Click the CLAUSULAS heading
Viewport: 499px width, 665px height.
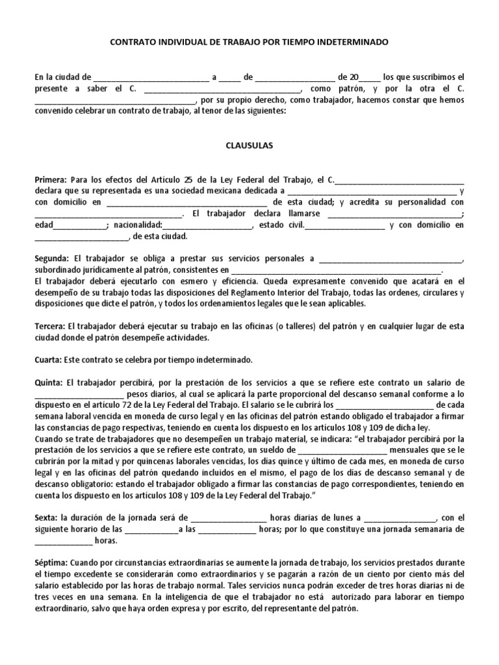[249, 146]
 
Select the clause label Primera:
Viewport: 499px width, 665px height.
[50, 180]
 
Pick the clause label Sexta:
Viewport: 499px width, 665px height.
[46, 518]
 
